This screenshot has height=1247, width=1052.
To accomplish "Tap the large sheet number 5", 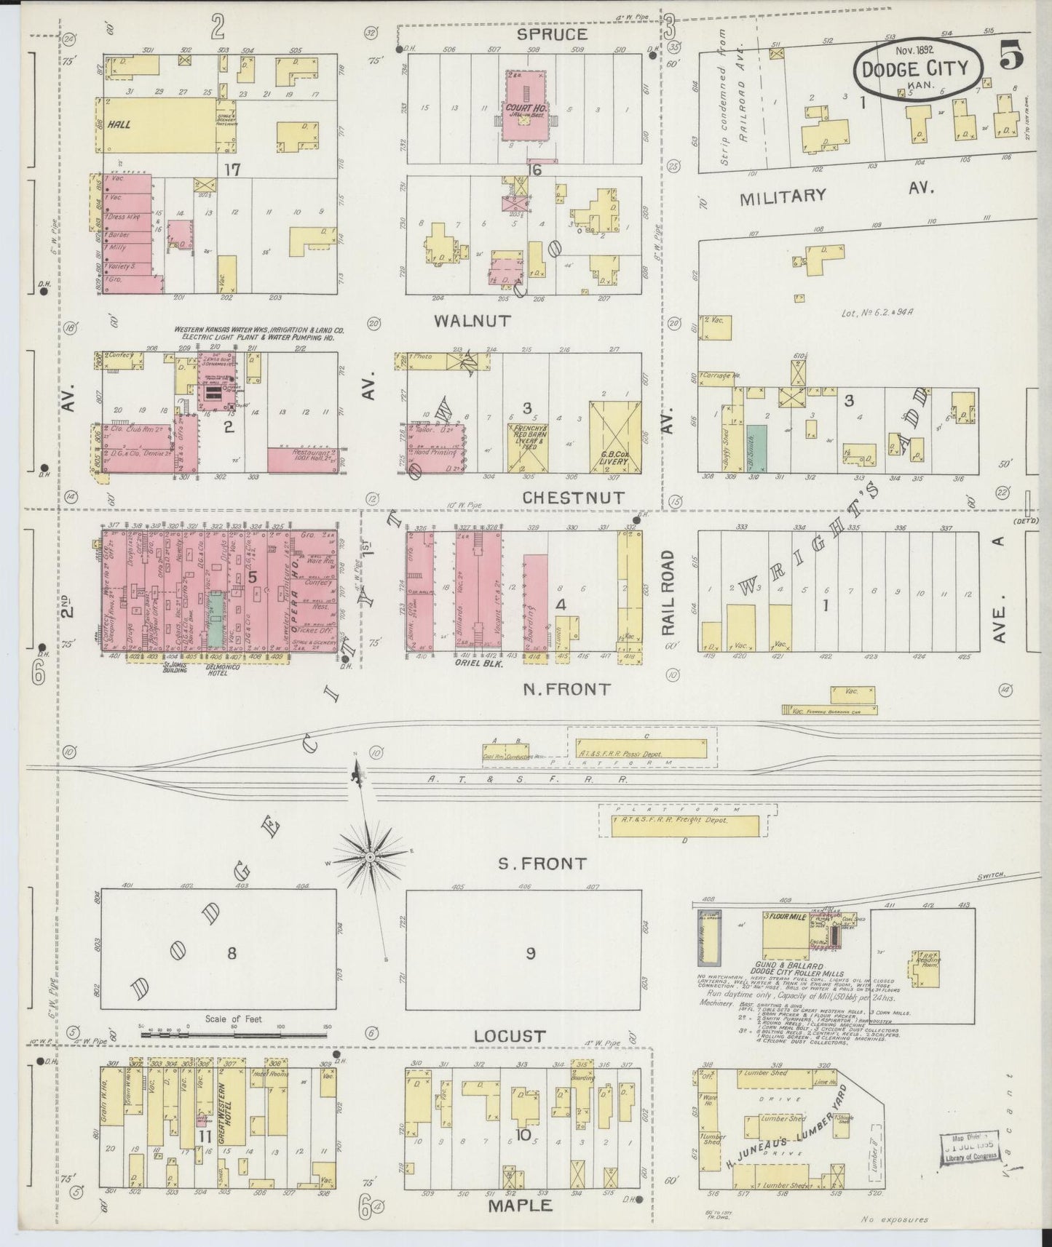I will pos(1013,55).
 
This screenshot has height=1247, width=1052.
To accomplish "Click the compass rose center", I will pos(370,859).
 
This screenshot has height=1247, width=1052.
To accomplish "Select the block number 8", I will pos(231,952).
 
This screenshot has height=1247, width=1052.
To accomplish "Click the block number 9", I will pos(530,953).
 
